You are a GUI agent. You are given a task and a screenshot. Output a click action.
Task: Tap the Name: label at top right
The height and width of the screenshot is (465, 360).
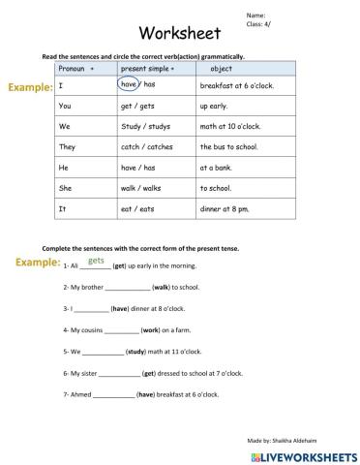[x=255, y=16]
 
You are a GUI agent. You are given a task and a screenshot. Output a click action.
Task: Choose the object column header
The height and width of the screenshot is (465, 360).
[x=221, y=70]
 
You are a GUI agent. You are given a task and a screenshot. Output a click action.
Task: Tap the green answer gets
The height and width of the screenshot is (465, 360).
[x=96, y=260]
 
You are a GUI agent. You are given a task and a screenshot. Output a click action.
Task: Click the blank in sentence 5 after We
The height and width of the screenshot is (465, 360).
[x=98, y=352]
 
